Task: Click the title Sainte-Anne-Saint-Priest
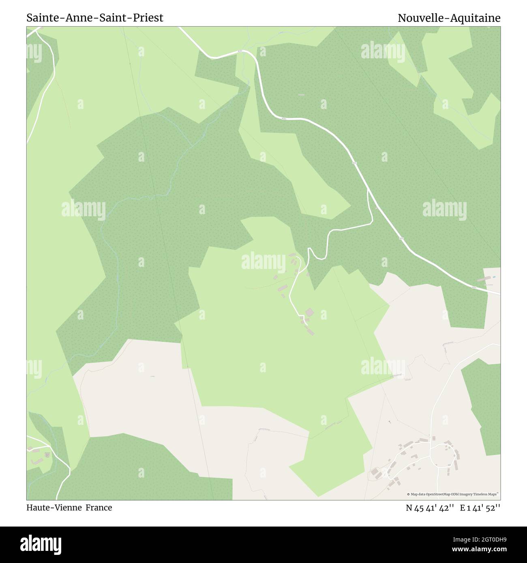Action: point(95,18)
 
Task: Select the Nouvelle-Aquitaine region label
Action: point(449,18)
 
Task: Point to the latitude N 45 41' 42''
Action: point(431,508)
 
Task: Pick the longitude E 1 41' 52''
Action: point(480,508)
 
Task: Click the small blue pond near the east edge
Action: point(494,277)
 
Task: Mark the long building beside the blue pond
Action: point(483,279)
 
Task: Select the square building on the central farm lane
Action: point(309,312)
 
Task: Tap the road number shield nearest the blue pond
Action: point(474,288)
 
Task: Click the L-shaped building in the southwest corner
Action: point(37,461)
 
